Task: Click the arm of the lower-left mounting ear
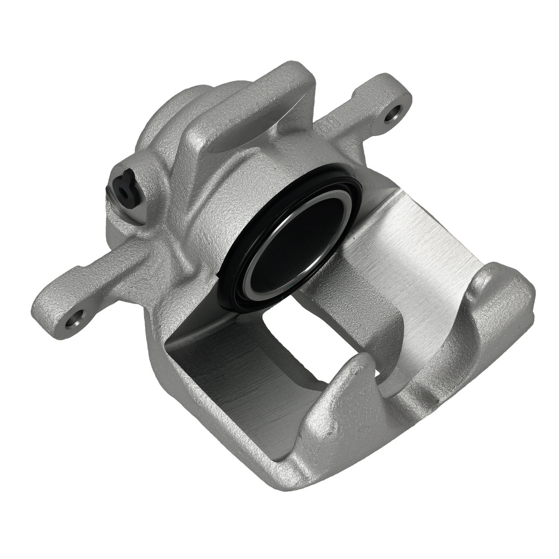101,291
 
